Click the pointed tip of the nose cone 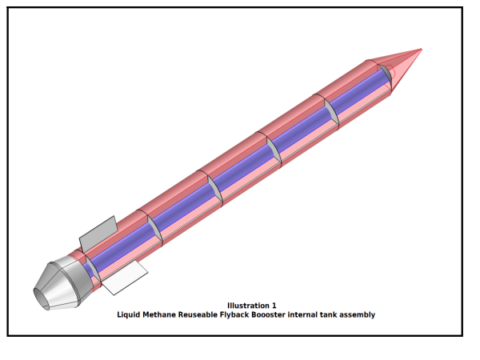[x=422, y=49]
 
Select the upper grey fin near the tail [x=98, y=233]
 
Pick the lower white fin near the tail [x=124, y=278]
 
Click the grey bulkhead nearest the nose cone [x=385, y=74]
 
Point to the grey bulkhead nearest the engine [x=93, y=269]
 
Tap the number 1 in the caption [x=274, y=306]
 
